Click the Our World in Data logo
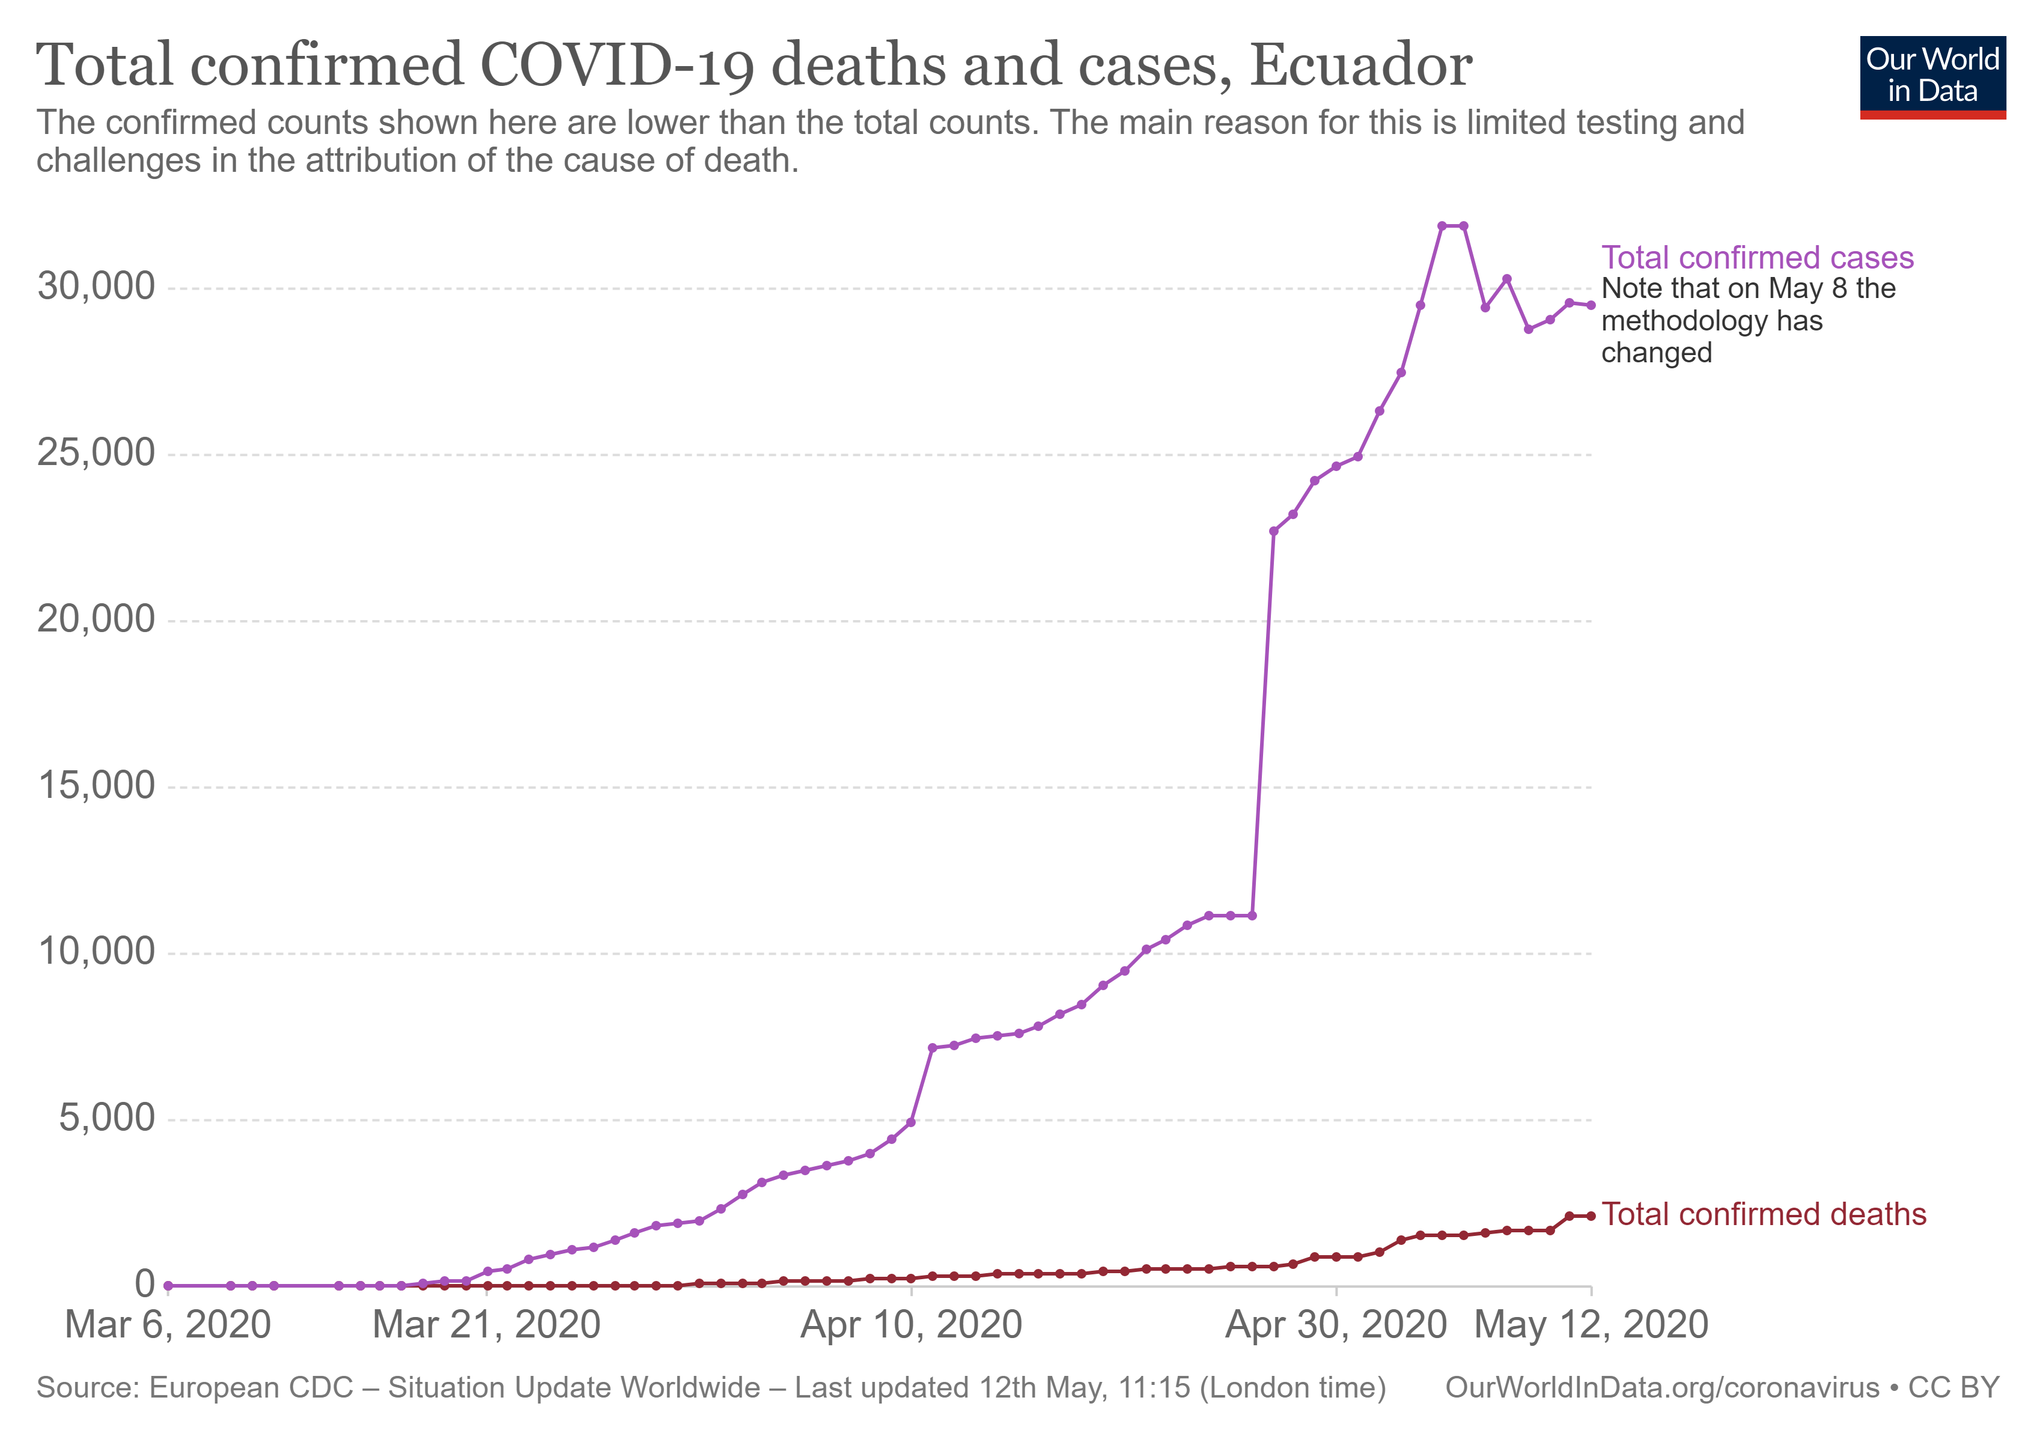[1932, 76]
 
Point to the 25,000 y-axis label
[96, 453]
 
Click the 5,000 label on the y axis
[107, 1118]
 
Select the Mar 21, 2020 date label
[486, 1325]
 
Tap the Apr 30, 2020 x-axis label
[1336, 1325]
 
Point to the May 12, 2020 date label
[1591, 1325]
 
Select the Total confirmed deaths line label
[1763, 1214]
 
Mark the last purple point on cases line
[1591, 305]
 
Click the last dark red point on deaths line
[1591, 1216]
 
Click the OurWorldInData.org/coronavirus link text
[1661, 1388]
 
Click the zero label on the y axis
[144, 1285]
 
